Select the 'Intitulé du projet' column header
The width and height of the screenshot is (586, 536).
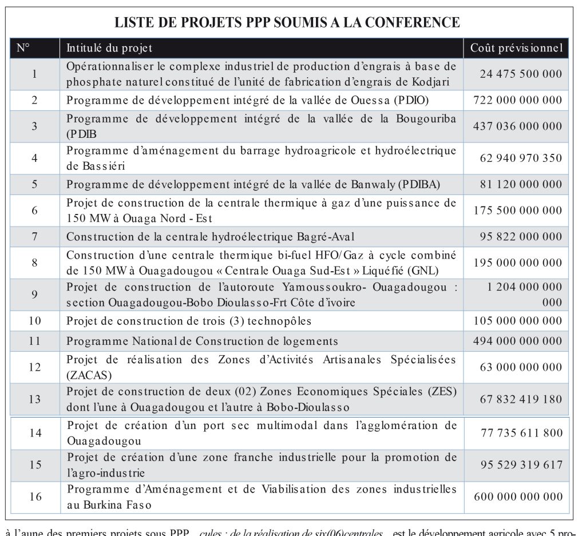coord(109,48)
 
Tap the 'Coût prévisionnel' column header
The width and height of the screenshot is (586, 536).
coord(516,48)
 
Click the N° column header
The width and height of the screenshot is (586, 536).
coord(23,48)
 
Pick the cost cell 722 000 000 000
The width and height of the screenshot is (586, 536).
coord(518,100)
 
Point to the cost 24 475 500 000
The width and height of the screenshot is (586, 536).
coord(521,74)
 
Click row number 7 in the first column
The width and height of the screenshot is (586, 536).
coord(35,236)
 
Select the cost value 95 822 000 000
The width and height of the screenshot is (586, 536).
coord(521,236)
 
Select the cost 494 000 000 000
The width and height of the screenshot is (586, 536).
coord(518,342)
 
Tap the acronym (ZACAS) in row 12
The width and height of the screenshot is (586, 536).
coord(89,375)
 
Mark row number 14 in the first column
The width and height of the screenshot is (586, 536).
coord(35,433)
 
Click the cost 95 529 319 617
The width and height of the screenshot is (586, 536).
coord(521,464)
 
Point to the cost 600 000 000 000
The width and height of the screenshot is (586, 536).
coord(518,497)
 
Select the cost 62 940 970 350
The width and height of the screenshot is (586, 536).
coord(521,158)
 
